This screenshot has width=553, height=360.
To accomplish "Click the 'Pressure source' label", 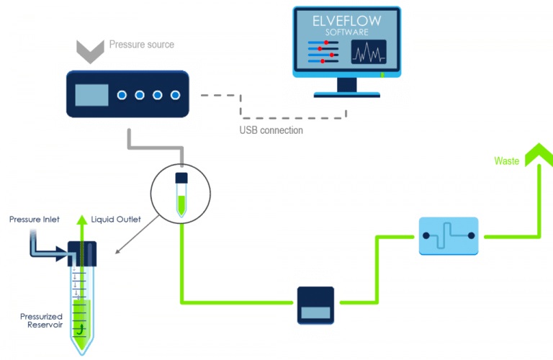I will pyautogui.click(x=142, y=45).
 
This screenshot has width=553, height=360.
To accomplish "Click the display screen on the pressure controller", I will pyautogui.click(x=91, y=95).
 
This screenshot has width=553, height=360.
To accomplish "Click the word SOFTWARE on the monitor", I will pyautogui.click(x=346, y=33).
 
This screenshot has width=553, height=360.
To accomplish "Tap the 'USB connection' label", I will pyautogui.click(x=271, y=130).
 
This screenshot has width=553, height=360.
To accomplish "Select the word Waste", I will pyautogui.click(x=506, y=161).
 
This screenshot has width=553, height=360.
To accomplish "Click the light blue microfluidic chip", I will pyautogui.click(x=448, y=235).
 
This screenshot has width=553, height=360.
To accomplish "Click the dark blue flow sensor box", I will pyautogui.click(x=316, y=305).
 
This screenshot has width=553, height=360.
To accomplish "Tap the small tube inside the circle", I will pyautogui.click(x=181, y=194).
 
